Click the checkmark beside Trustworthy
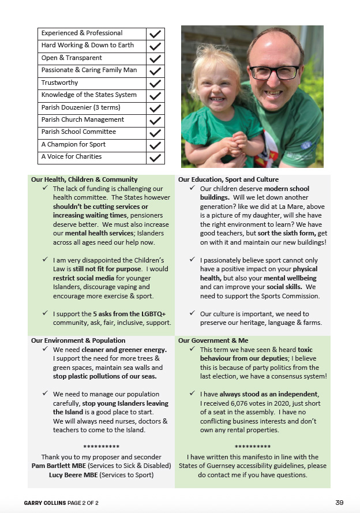click(x=155, y=83)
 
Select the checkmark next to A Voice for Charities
click(x=155, y=157)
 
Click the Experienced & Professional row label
click(x=82, y=33)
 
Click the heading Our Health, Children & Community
click(x=84, y=179)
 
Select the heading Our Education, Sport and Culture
click(x=228, y=179)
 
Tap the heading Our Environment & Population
click(x=78, y=340)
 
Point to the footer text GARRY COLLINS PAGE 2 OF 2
click(x=61, y=503)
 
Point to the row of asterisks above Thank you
click(x=101, y=447)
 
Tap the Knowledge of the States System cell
click(x=89, y=95)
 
